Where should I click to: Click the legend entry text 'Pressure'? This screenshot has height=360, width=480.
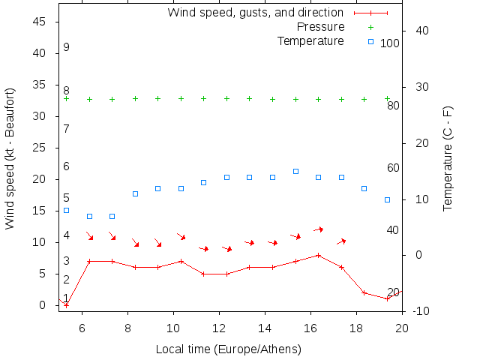coord(319,26)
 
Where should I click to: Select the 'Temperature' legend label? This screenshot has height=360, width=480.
coord(310,40)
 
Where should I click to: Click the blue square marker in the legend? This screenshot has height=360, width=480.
coord(370,41)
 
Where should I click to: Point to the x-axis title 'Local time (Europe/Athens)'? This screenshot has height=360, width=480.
coord(228,349)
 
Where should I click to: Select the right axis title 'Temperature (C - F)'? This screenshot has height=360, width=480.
coord(448,158)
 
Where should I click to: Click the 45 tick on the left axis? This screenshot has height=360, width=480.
coord(40,22)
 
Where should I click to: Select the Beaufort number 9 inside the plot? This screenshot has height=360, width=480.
coord(66,47)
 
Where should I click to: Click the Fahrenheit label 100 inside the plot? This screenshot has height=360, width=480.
coord(389,43)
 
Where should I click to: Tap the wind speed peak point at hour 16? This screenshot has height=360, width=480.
coord(319,255)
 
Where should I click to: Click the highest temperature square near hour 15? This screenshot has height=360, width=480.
coord(296,171)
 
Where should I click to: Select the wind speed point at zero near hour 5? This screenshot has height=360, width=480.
coord(66,304)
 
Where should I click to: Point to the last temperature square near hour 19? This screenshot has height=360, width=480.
coord(387,199)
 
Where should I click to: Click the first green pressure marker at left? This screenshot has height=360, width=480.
coord(66,98)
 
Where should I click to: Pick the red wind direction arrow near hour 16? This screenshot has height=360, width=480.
coord(318,229)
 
